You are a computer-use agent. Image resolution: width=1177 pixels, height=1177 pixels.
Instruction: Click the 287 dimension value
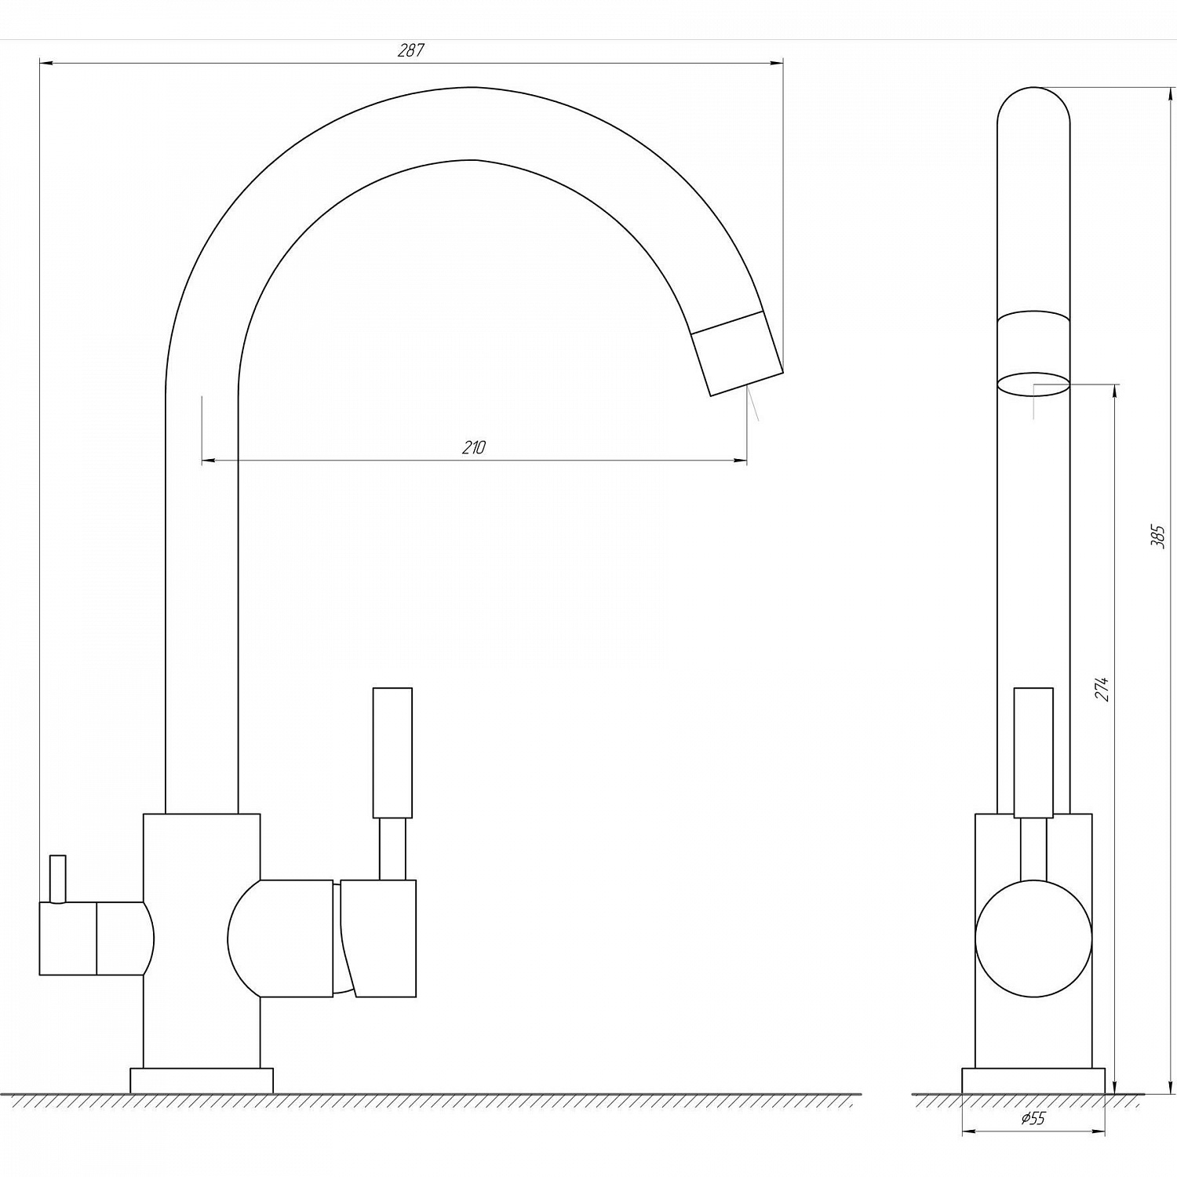[410, 51]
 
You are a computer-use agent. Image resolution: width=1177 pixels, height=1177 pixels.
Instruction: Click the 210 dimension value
[474, 448]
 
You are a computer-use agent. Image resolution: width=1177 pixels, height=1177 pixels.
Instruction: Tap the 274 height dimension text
[1103, 688]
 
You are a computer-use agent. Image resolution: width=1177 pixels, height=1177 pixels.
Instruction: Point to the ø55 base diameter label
[1033, 1119]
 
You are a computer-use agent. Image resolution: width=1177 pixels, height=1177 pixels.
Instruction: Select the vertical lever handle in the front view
[392, 753]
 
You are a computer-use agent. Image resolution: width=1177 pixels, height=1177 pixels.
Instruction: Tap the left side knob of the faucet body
[94, 938]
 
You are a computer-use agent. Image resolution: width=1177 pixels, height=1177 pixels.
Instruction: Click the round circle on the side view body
[1033, 938]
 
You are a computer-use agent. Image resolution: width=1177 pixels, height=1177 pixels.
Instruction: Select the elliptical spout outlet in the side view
[1033, 383]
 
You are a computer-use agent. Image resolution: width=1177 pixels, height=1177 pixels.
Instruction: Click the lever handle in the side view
[1033, 753]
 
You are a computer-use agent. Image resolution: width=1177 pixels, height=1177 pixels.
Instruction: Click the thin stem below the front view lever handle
[392, 849]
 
